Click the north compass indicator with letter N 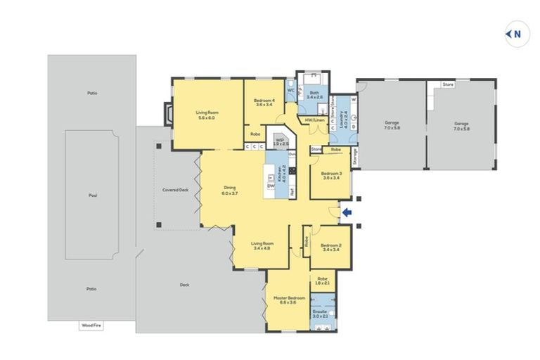(x=517, y=33)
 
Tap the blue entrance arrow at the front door (x=345, y=212)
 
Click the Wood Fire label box (x=91, y=326)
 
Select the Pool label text (x=92, y=196)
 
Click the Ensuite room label (x=319, y=310)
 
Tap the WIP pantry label (x=280, y=141)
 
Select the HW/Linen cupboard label (x=314, y=120)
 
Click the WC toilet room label (x=290, y=90)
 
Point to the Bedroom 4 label (x=264, y=101)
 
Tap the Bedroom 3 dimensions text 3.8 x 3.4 (x=330, y=178)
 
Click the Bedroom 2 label (x=330, y=245)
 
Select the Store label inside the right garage (x=448, y=84)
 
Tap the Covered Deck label (x=175, y=190)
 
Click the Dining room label (x=229, y=188)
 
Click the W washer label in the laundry (x=354, y=99)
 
